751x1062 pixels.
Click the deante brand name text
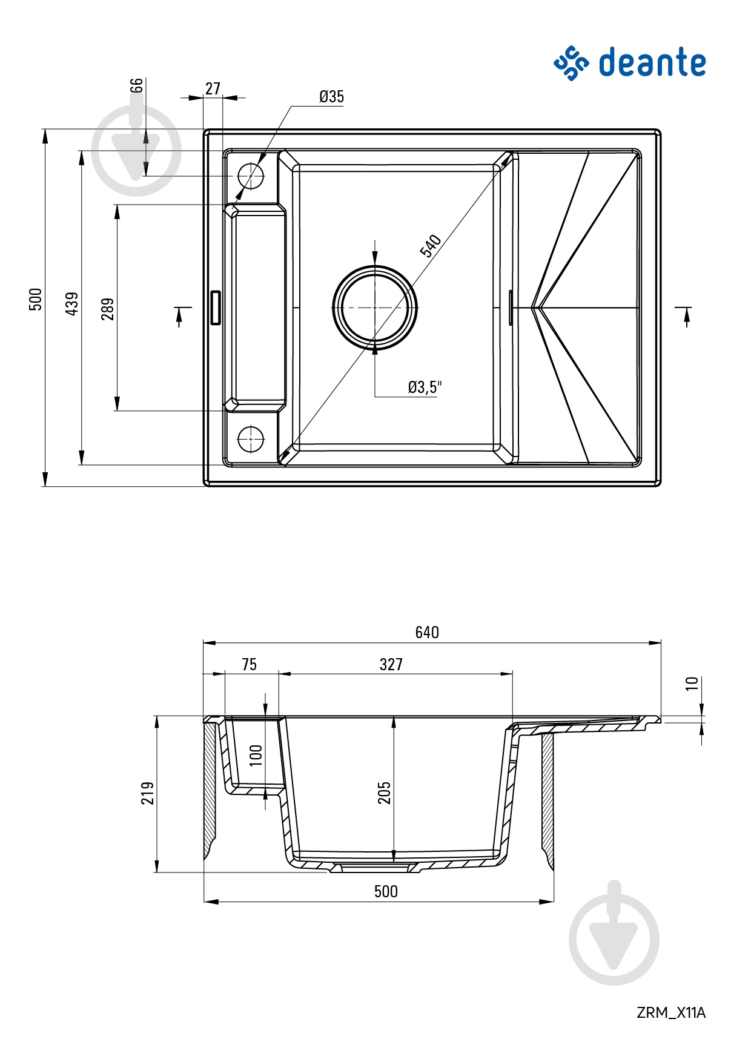point(652,62)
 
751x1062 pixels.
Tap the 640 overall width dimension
point(427,632)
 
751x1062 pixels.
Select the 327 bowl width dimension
point(391,664)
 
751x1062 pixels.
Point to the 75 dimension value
point(249,664)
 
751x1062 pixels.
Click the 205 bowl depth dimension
point(385,793)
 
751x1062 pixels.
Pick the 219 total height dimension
point(148,793)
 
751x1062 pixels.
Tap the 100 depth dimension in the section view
point(256,755)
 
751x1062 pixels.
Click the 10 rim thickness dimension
point(692,684)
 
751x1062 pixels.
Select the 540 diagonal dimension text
point(431,246)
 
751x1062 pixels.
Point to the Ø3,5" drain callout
point(425,387)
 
